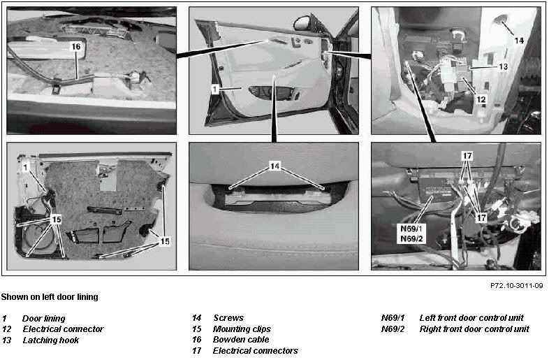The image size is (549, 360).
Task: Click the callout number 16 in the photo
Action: click(x=76, y=46)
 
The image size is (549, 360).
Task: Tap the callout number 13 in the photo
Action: click(x=503, y=66)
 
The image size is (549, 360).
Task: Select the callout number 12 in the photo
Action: click(x=481, y=99)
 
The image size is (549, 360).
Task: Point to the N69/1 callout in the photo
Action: click(x=412, y=229)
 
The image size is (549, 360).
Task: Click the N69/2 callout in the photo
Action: click(x=412, y=239)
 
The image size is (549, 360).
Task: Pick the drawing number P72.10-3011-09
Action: click(x=517, y=286)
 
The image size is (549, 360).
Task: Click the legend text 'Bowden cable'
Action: click(x=241, y=340)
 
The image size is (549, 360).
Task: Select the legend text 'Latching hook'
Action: click(x=51, y=340)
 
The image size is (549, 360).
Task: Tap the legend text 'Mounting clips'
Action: click(x=242, y=329)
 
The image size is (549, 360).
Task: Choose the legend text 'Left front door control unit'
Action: click(x=471, y=318)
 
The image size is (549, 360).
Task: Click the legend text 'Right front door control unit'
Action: click(x=474, y=329)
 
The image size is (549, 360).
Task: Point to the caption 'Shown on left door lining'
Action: click(x=50, y=297)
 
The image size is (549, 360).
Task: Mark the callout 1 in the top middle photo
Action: click(x=214, y=89)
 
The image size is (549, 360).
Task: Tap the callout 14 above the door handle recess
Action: click(x=275, y=166)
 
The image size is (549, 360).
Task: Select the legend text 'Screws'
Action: click(x=228, y=318)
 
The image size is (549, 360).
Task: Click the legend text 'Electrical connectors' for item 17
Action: click(x=255, y=350)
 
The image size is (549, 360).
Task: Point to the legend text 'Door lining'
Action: click(x=43, y=319)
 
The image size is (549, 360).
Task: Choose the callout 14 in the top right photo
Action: click(x=519, y=41)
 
